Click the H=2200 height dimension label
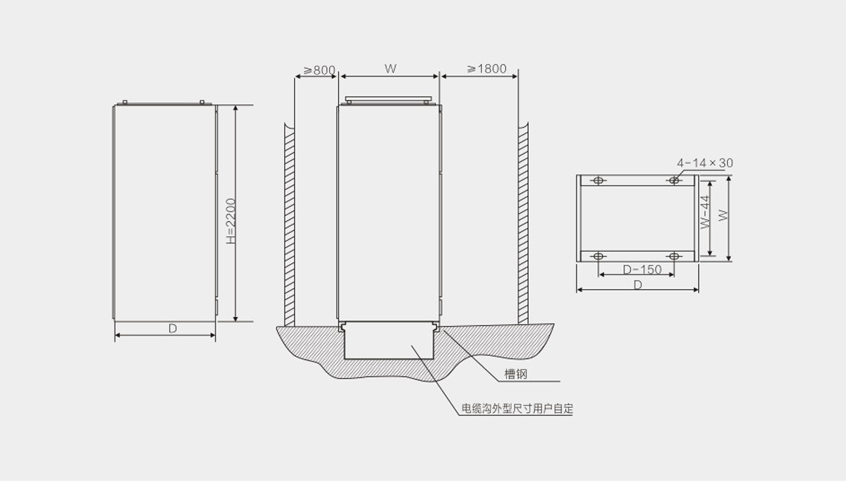(231, 221)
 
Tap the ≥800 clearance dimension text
(319, 70)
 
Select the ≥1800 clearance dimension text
(487, 68)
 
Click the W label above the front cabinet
(391, 68)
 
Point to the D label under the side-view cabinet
(173, 328)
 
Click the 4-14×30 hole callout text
(705, 163)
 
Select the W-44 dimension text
(705, 212)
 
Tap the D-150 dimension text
(642, 269)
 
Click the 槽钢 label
(515, 374)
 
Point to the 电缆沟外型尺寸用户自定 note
(517, 408)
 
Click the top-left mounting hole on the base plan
(599, 180)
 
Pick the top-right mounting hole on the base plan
(674, 180)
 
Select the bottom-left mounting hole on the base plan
(599, 256)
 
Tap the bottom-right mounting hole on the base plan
(674, 256)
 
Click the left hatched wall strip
(289, 225)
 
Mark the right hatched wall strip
(523, 223)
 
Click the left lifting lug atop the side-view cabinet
(125, 102)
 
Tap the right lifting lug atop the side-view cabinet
(202, 102)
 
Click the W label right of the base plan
(723, 215)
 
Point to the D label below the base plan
(638, 284)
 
